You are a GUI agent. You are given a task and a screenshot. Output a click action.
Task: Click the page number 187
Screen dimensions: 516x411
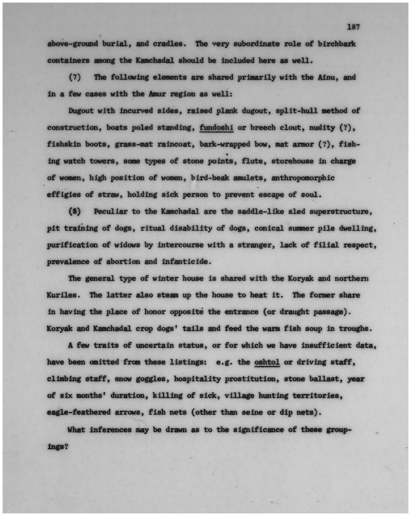click(353, 27)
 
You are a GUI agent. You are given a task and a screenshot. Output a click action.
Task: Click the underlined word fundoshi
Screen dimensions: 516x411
click(217, 128)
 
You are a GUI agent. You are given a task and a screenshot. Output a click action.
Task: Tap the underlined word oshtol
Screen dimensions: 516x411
click(267, 362)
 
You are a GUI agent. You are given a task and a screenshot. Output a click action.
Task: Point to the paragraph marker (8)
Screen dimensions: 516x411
click(75, 211)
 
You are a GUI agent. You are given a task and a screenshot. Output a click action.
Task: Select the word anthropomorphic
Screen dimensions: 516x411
click(303, 178)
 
